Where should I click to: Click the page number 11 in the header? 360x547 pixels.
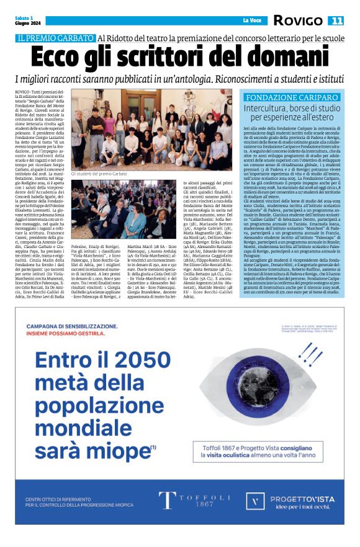pos(336,21)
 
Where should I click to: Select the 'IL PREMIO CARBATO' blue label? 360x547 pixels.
pos(56,38)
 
